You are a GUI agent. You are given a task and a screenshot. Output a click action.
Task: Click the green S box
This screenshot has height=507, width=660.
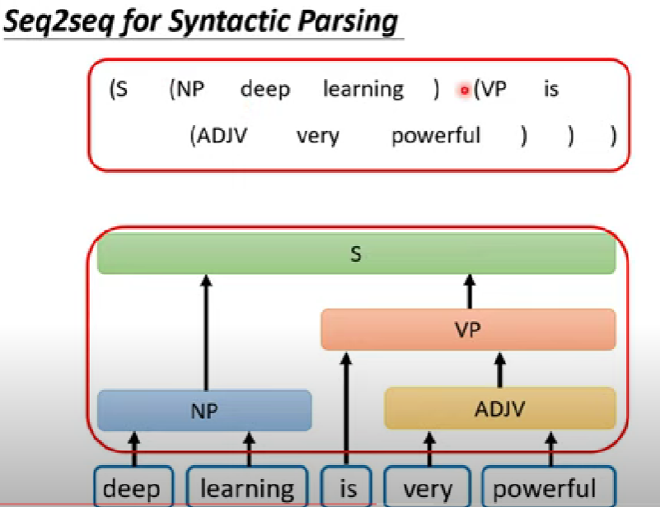pos(356,254)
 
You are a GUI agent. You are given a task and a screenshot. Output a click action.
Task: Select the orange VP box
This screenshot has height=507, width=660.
pos(468,329)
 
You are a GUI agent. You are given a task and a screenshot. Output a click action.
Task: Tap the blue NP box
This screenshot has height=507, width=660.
pos(204,411)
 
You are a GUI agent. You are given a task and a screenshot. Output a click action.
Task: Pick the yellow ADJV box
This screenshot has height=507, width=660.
pos(500,408)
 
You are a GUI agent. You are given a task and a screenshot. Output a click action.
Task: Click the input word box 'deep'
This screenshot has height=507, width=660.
pos(133,486)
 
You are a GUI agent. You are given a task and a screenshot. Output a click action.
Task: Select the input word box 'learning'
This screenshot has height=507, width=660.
pos(247,486)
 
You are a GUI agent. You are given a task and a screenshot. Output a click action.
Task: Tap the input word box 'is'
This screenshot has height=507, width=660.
pos(346,486)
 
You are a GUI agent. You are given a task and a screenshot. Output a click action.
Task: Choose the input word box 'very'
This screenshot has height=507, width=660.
pos(428,486)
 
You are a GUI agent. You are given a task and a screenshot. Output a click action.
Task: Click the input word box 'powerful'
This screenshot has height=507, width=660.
pos(549,486)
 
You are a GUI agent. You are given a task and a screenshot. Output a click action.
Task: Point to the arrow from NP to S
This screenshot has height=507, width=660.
pos(206,333)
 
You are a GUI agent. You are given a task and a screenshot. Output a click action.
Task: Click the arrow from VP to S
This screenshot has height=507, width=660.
pos(470,291)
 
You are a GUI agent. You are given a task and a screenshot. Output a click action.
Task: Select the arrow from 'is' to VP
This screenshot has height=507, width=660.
pos(346,408)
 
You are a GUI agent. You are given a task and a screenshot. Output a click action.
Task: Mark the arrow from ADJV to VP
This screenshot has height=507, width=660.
pos(500,370)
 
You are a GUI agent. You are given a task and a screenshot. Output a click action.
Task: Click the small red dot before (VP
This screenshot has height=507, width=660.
pos(465,90)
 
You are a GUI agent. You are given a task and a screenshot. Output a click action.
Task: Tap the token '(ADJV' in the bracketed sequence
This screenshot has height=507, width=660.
pos(218,136)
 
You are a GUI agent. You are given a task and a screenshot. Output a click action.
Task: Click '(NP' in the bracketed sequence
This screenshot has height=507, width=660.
pos(186,89)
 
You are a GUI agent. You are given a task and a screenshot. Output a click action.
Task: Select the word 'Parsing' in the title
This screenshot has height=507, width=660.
pos(347,21)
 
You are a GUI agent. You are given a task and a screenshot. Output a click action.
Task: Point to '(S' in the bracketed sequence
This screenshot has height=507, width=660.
pos(119,89)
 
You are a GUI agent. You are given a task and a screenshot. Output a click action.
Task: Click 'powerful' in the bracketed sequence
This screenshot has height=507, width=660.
pos(436,136)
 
